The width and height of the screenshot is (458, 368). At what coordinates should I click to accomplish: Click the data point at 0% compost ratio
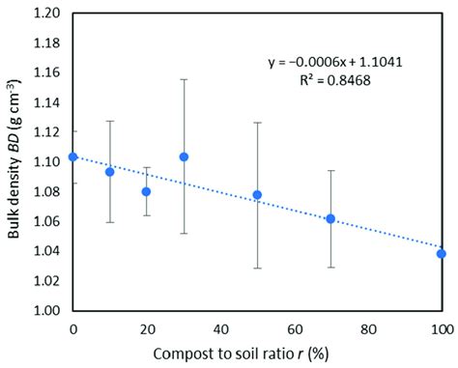[73, 156]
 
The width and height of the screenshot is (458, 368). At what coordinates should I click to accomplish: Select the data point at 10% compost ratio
[110, 172]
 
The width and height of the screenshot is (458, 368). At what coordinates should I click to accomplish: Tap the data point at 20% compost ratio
[147, 191]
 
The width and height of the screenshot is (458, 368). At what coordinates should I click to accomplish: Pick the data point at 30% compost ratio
[184, 156]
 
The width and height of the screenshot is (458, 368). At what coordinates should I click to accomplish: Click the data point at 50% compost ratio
[257, 195]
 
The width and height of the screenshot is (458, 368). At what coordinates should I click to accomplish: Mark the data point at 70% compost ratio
[330, 218]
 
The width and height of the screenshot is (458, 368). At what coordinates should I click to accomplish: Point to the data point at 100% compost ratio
[441, 254]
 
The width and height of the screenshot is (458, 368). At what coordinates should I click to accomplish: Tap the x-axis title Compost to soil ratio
[257, 354]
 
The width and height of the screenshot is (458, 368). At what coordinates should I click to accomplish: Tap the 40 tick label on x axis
[220, 329]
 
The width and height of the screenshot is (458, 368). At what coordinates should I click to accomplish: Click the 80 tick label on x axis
[367, 329]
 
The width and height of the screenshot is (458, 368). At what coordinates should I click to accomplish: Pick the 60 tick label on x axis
[294, 329]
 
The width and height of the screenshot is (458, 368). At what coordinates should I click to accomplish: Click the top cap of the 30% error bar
[184, 79]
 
